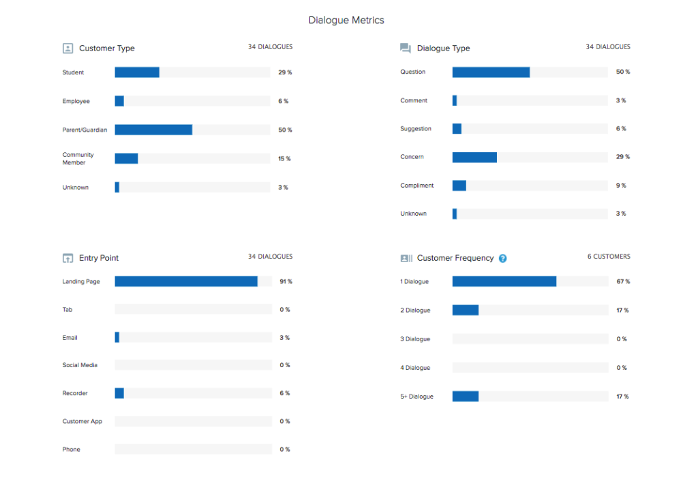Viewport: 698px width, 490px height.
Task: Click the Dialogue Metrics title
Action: tap(346, 20)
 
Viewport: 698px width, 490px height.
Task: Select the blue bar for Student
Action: tap(137, 72)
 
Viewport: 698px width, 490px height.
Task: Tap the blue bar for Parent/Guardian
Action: tap(153, 130)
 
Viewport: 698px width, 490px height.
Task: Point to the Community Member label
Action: tap(78, 159)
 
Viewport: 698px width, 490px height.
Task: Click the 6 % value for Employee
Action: tap(283, 101)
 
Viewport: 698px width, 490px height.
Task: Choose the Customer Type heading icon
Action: tap(67, 48)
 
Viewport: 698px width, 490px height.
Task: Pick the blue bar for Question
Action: tap(491, 72)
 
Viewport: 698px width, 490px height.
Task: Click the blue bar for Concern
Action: tap(474, 157)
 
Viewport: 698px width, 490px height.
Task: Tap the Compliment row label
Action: tap(417, 186)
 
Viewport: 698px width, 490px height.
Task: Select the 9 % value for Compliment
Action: tap(622, 186)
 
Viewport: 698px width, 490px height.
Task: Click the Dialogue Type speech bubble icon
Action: tap(406, 48)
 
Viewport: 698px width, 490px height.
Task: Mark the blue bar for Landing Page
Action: tap(186, 281)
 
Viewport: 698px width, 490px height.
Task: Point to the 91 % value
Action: tap(286, 281)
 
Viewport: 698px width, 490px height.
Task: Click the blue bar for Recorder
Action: tap(119, 393)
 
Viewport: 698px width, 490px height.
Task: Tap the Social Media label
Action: tap(80, 365)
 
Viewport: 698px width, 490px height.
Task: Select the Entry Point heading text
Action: tap(99, 258)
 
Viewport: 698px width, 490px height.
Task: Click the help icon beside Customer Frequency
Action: tap(502, 258)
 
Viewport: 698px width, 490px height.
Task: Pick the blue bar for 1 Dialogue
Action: tap(504, 281)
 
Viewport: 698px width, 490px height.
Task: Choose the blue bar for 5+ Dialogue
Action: tap(466, 397)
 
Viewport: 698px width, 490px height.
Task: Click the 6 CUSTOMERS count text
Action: tap(609, 257)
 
